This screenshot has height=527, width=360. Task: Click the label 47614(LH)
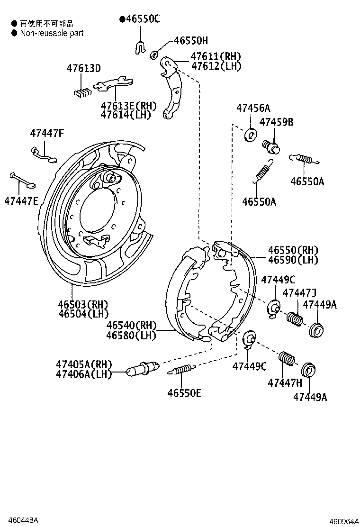pyautogui.click(x=125, y=114)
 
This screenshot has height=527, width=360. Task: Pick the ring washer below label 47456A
pyautogui.click(x=251, y=135)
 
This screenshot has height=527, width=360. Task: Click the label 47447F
pyautogui.click(x=46, y=133)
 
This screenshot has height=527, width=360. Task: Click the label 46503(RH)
pyautogui.click(x=83, y=304)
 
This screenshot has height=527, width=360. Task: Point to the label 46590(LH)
pyautogui.click(x=293, y=260)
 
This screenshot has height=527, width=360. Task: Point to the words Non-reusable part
pyautogui.click(x=52, y=33)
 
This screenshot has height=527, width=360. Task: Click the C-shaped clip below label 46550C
pyautogui.click(x=140, y=46)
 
